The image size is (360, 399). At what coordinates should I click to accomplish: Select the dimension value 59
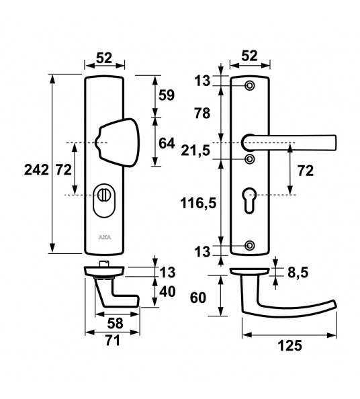tap(166, 95)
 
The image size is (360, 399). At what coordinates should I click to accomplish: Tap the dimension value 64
tap(166, 142)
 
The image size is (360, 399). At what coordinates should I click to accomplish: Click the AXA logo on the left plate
tap(105, 237)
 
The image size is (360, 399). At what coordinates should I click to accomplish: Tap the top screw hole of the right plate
tap(250, 86)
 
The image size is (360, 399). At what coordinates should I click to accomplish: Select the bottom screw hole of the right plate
tap(250, 245)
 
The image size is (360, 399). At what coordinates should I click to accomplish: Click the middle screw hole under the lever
tap(250, 159)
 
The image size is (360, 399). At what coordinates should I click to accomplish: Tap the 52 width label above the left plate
tap(104, 58)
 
